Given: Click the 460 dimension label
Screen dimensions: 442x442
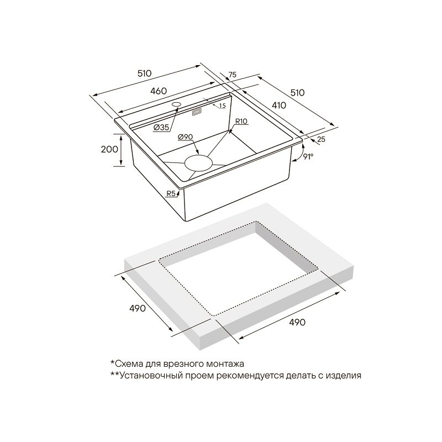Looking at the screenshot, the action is tap(158, 91).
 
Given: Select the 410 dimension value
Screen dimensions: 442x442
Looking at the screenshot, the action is tap(278, 105).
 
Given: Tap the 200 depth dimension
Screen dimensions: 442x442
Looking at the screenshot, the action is tap(109, 149).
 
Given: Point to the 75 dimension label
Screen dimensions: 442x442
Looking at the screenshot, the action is tap(232, 75).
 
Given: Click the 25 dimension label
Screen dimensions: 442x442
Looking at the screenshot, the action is tap(321, 139).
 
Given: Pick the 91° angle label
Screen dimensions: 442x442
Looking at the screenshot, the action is tap(308, 157).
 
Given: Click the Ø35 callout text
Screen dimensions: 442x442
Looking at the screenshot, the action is tap(161, 128).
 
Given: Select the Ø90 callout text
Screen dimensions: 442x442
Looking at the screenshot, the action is tap(186, 137).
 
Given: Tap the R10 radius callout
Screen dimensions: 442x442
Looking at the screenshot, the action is tap(241, 122).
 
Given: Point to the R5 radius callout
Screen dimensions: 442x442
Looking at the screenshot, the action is tap(171, 193).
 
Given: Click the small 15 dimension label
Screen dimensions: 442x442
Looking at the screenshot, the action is tap(223, 106).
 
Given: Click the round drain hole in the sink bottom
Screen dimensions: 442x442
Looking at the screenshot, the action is tap(198, 163).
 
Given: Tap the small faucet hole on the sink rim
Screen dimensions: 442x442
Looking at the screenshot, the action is tap(177, 104).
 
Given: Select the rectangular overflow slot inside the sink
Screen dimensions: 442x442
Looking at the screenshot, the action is tap(197, 112).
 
